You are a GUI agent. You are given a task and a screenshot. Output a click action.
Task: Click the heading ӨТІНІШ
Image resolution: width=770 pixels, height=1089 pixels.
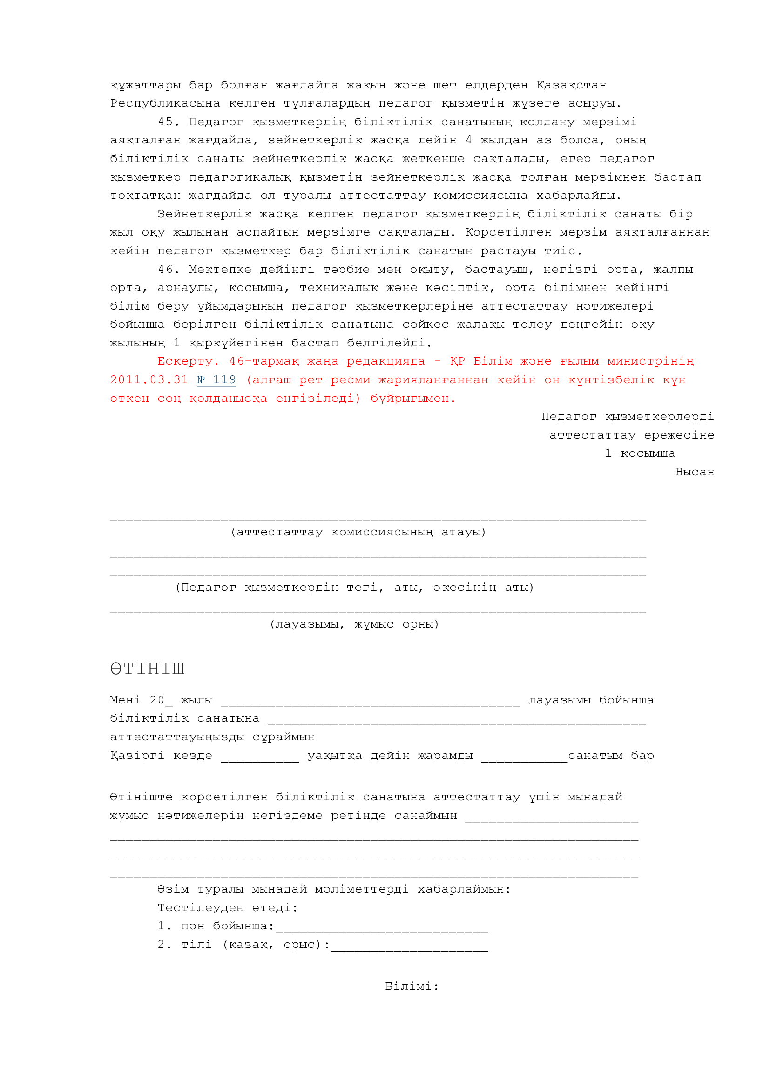coord(147,669)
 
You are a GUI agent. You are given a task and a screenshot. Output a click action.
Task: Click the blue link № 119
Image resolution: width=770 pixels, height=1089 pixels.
coord(216,380)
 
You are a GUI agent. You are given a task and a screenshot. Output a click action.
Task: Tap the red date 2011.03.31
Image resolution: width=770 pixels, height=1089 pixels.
coord(149,380)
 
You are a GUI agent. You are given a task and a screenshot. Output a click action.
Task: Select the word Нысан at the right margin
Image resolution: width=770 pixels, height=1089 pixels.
coord(695,472)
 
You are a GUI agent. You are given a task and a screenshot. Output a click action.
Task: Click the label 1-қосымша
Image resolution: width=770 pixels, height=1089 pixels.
coord(640,453)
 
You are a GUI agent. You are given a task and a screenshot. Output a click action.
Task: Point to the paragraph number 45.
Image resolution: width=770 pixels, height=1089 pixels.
coord(169,122)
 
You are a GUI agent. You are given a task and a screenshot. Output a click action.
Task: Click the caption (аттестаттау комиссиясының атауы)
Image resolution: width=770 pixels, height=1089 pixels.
coord(358,532)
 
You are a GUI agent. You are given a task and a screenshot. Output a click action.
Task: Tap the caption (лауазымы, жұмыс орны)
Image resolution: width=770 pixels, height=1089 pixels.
coord(354,624)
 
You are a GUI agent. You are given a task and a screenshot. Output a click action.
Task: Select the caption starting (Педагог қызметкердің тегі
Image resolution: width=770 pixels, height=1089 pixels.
coord(354,588)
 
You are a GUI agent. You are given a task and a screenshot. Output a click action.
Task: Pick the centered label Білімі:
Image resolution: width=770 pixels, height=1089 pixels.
coord(412,987)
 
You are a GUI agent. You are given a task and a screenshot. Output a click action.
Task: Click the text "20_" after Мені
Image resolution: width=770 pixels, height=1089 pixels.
coord(161,701)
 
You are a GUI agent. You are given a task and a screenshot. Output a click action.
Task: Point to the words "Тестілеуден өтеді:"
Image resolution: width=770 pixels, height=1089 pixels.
coord(228,908)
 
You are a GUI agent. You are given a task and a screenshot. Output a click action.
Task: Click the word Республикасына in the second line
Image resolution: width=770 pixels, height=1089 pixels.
coord(165,103)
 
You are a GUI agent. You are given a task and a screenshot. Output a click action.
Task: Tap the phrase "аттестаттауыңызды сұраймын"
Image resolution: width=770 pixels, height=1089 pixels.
coord(212,737)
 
